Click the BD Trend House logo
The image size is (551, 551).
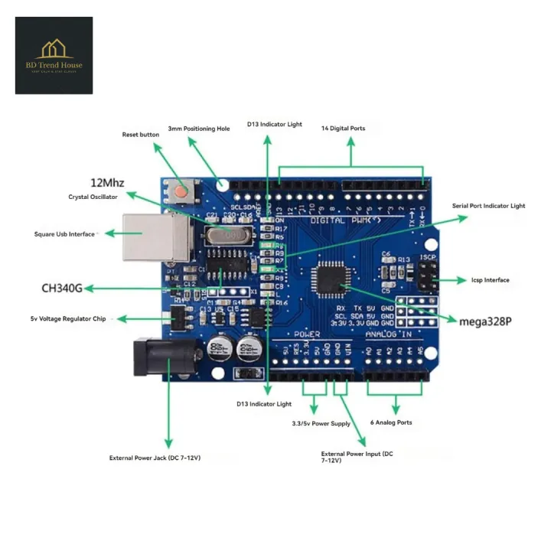click(x=54, y=55)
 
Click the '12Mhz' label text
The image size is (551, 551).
click(x=107, y=183)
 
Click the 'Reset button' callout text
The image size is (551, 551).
click(x=141, y=135)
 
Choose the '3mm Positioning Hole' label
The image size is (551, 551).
click(x=199, y=129)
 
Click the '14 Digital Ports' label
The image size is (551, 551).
click(x=343, y=129)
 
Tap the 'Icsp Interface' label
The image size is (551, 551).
click(x=491, y=280)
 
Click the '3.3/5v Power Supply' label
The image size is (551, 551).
click(x=321, y=423)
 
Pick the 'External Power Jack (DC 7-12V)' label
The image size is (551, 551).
click(x=155, y=458)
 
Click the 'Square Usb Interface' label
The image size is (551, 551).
click(x=64, y=234)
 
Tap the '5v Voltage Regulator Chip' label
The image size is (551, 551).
click(x=67, y=318)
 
